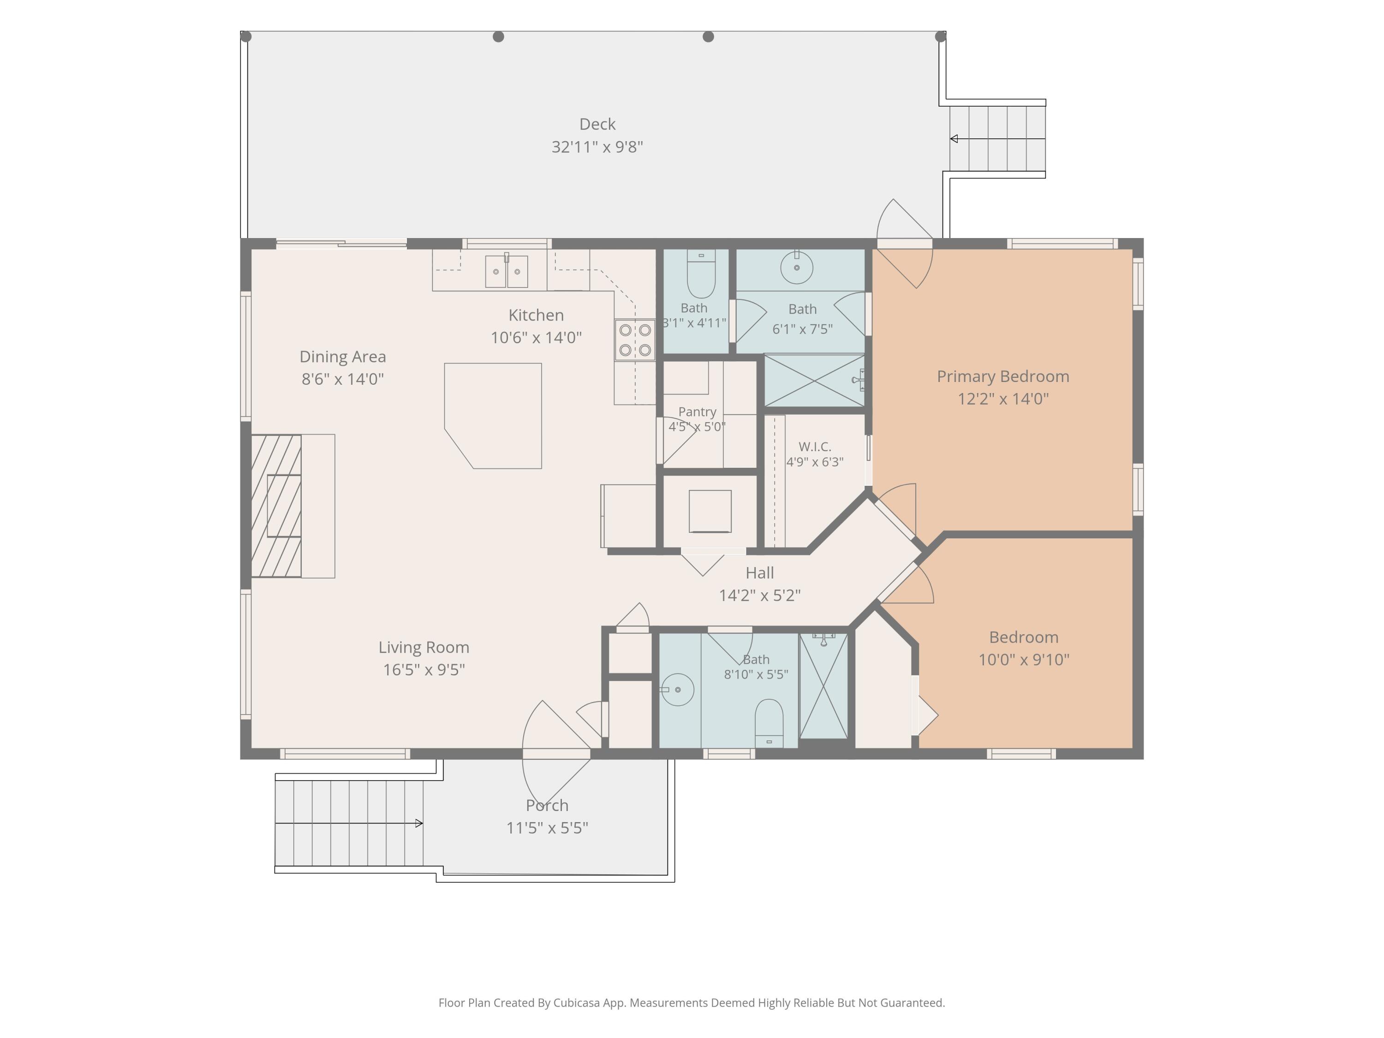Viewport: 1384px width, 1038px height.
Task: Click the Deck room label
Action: [597, 124]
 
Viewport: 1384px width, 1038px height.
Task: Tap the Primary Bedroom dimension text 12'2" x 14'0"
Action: [1003, 399]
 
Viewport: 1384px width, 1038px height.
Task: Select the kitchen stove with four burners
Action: [634, 340]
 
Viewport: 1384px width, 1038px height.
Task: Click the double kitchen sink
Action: [506, 271]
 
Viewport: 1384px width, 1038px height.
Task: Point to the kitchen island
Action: [493, 416]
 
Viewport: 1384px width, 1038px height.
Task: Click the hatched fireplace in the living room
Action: [276, 506]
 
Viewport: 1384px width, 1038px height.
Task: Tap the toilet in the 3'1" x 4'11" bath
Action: [701, 274]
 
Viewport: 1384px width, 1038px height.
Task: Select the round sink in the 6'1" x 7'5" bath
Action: [796, 267]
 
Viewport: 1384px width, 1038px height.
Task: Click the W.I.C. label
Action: [815, 447]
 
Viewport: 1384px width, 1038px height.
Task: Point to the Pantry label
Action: [697, 412]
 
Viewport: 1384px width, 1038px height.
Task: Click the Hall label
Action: [759, 573]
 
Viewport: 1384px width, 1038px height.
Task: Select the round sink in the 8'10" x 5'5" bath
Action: [677, 690]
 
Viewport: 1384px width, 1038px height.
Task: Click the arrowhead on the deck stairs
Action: [954, 139]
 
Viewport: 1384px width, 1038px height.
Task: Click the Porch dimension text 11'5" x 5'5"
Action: [547, 828]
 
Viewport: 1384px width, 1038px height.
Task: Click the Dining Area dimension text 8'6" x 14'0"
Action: [342, 379]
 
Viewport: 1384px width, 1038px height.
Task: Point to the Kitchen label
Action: [536, 315]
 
